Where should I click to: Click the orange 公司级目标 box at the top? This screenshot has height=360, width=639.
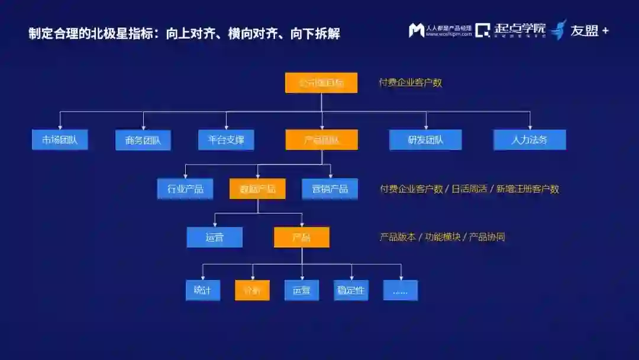[x=321, y=83]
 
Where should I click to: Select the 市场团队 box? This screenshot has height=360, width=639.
[x=60, y=140]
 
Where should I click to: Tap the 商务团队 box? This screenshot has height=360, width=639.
[x=143, y=140]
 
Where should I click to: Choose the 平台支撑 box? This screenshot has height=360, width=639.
[x=226, y=140]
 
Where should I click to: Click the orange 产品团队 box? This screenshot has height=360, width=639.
[x=321, y=140]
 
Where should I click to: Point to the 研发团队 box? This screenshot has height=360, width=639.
[x=425, y=140]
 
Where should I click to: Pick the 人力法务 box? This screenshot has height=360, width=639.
[x=530, y=140]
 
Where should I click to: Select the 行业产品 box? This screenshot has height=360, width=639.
[x=185, y=189]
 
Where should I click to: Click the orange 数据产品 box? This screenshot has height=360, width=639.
[x=257, y=189]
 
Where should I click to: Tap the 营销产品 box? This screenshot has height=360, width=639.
[x=330, y=189]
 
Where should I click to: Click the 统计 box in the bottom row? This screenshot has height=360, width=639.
[x=202, y=290]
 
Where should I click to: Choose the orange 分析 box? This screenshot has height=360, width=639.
[x=252, y=290]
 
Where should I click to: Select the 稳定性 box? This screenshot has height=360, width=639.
[x=351, y=290]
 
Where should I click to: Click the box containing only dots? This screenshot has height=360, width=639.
[x=401, y=290]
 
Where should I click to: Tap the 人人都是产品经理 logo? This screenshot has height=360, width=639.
[x=440, y=30]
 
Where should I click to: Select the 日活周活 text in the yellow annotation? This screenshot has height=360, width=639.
[x=469, y=189]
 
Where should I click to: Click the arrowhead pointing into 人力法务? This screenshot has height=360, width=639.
[x=530, y=127]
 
